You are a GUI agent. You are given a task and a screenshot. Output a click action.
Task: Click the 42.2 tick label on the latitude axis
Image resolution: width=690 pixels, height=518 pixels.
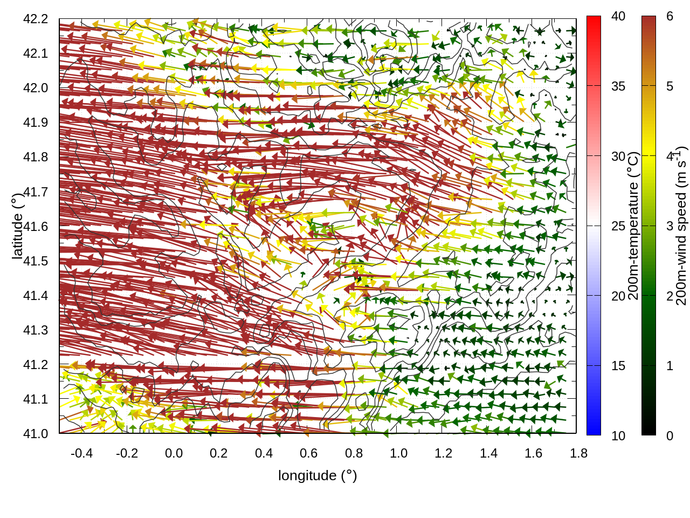[x=36, y=19]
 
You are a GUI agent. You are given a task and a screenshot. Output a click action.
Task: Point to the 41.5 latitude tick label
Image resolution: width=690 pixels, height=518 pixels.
[x=36, y=261]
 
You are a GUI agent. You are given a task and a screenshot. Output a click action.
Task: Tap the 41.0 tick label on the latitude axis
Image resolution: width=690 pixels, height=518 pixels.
[x=36, y=434]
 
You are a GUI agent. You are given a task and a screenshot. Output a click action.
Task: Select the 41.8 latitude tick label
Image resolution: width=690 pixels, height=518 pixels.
[x=36, y=157]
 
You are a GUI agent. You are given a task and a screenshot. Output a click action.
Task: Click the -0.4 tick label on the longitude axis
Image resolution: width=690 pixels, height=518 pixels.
[x=81, y=453]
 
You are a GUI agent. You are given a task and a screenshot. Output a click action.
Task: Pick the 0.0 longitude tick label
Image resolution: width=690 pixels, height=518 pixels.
[x=174, y=453]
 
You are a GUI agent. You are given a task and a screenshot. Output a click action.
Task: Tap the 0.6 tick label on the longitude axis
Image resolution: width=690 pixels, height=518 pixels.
[x=308, y=453]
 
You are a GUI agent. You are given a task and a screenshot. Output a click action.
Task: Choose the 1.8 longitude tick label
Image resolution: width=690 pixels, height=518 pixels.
[x=578, y=453]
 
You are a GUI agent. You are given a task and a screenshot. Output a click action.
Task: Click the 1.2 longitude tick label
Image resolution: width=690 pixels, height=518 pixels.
[x=444, y=453]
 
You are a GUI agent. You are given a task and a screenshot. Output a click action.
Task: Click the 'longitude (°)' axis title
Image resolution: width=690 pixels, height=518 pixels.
[x=318, y=475]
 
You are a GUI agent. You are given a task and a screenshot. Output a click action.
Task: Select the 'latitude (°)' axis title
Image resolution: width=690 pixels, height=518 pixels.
[x=17, y=226]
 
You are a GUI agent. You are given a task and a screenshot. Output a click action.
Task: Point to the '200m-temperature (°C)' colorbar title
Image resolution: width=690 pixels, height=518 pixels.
[x=634, y=226]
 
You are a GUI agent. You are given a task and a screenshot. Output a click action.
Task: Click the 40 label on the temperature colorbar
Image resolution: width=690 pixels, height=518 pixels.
[x=618, y=17]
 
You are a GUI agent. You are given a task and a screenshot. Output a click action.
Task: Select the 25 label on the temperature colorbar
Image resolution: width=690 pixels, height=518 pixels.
[x=618, y=226]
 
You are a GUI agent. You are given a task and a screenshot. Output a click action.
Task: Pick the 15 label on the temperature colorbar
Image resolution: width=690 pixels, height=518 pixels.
[x=618, y=366]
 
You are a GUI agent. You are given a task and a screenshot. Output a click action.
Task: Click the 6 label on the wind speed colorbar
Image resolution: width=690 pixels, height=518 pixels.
[x=670, y=17]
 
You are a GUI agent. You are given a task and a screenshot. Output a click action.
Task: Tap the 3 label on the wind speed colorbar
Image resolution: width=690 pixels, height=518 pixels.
[x=670, y=226]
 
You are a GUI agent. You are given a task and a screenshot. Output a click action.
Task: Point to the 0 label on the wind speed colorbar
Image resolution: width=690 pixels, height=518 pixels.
[x=670, y=435]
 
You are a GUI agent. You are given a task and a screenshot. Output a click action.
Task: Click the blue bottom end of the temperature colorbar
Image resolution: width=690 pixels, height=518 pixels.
[x=594, y=430]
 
